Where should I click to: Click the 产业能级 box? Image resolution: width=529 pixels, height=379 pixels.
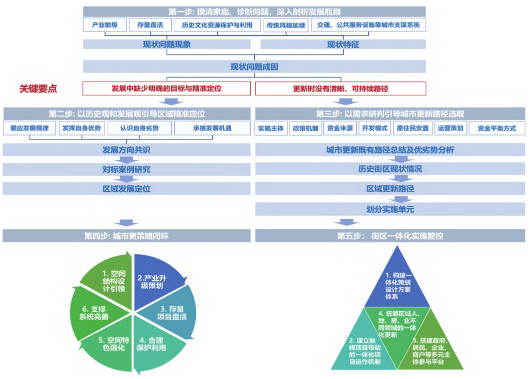(x=105, y=25)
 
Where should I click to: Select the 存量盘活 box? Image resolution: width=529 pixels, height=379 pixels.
(x=150, y=25)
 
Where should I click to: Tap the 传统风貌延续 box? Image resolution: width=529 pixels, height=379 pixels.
(x=285, y=25)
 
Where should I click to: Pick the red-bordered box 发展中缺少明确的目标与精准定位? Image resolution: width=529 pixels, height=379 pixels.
(x=167, y=88)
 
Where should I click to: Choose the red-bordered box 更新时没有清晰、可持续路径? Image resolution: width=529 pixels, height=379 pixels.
(x=341, y=88)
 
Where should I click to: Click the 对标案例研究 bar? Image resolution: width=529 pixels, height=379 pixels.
(x=127, y=169)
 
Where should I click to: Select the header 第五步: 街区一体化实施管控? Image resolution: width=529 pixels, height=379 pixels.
(x=390, y=236)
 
